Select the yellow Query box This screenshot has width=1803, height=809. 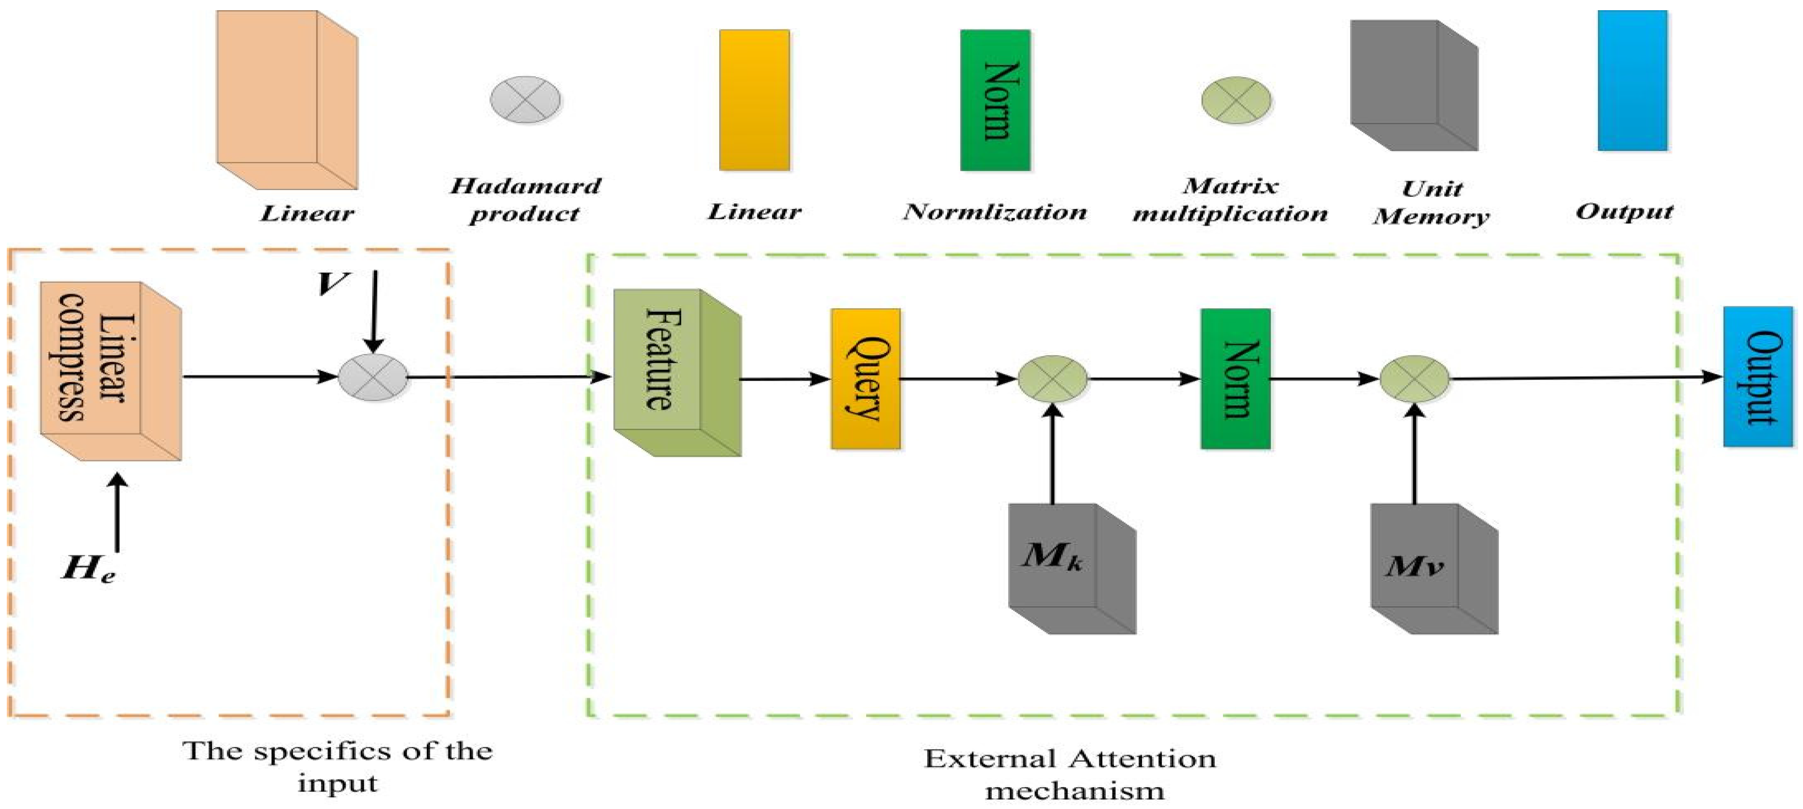(865, 378)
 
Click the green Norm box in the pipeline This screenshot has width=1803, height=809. (1235, 378)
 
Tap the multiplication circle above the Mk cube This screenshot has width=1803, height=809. (1052, 378)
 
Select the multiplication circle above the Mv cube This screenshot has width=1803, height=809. (1415, 378)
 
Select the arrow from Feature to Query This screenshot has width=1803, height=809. (785, 380)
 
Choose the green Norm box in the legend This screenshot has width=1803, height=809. (995, 100)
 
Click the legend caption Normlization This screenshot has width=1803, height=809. (995, 211)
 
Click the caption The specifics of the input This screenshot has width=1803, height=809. (338, 766)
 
